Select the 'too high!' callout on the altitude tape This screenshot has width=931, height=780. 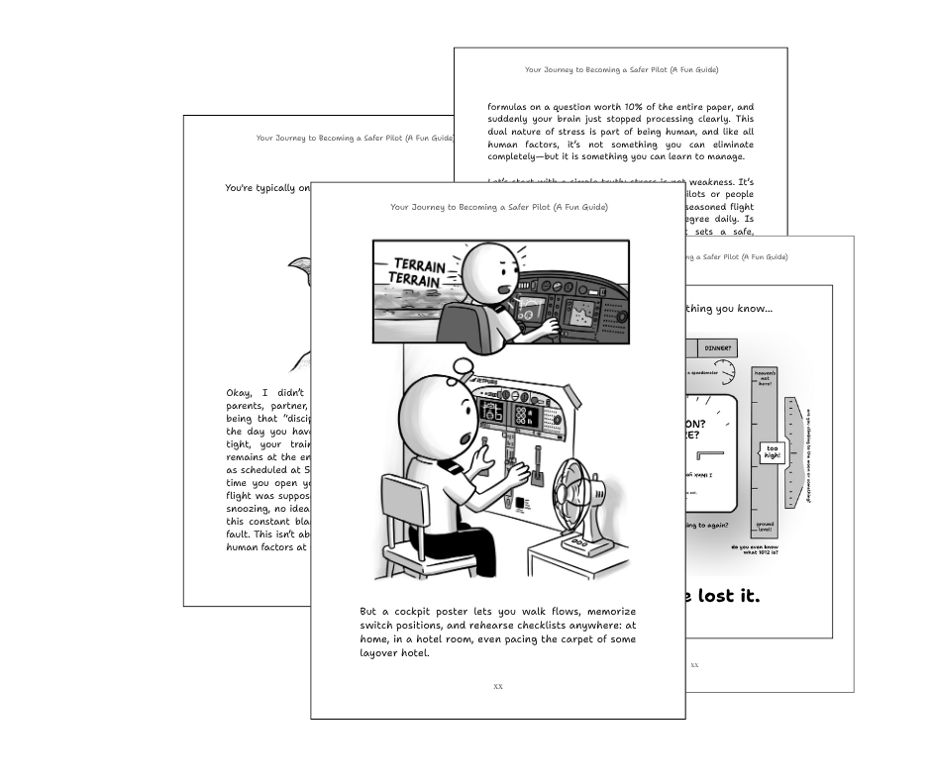coord(773,452)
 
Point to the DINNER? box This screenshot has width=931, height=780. coord(718,348)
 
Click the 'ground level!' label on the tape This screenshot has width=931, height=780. coord(766,526)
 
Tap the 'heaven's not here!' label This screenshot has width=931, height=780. coord(765,380)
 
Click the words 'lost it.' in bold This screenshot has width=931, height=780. coord(724,596)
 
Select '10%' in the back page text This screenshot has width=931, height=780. coord(655,107)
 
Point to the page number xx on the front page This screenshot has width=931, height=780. coord(497,686)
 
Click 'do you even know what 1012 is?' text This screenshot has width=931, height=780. coord(754,549)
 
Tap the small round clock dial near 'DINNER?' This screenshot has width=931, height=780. coord(725,371)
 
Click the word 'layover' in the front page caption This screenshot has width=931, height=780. coord(381,653)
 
